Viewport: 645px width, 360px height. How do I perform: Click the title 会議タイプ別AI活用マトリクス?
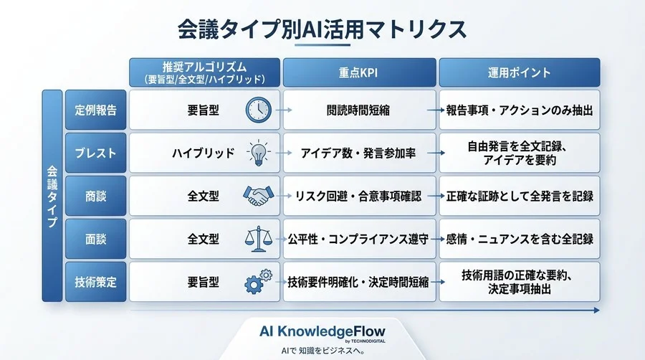322,29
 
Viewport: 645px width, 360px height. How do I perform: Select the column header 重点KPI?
359,72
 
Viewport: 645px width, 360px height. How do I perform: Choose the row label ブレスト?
95,153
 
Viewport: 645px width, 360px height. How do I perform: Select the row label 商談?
95,195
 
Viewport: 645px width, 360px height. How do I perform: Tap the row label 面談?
95,239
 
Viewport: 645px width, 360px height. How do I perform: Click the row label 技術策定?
95,282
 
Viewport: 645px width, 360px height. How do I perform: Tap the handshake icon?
257,195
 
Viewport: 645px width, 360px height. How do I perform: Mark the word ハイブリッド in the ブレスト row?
203,153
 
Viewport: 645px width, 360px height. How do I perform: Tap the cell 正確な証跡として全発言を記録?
519,195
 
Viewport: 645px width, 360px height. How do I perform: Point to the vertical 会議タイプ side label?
52,195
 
